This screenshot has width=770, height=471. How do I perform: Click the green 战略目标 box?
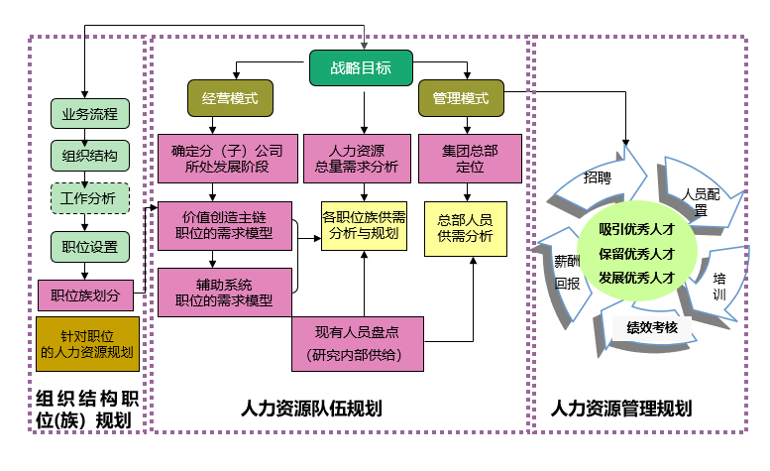point(362,68)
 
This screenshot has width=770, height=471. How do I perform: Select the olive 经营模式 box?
point(230,100)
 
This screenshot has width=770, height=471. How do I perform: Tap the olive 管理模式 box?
point(461,100)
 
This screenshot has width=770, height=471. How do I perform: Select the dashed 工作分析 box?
point(89,199)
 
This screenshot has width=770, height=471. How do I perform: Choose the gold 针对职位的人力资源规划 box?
point(87,344)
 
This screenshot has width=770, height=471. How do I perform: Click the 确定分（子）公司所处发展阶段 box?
point(227,160)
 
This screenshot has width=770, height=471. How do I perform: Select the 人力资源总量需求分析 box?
point(363,160)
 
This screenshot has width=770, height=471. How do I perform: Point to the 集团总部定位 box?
point(470,160)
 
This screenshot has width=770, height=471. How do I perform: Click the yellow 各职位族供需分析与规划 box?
point(363,225)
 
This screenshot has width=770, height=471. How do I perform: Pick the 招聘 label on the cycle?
point(597,178)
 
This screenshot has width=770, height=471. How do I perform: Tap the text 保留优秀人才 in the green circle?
point(636,254)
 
